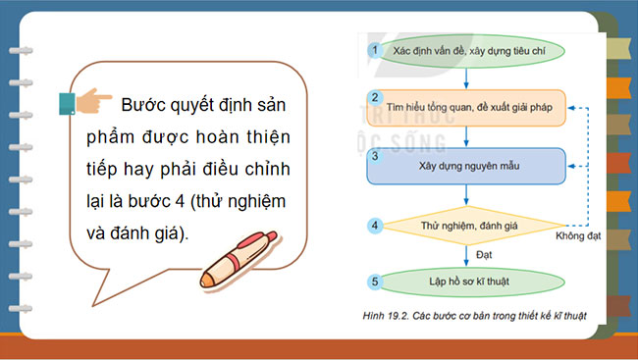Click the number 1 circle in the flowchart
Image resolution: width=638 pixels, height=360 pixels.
373,48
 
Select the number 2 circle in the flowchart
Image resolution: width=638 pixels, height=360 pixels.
373,97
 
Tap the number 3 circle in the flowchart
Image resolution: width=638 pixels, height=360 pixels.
373,155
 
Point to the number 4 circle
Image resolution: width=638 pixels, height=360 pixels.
373,226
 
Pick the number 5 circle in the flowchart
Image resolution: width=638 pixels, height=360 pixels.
373,283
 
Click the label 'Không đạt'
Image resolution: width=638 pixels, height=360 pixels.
577,235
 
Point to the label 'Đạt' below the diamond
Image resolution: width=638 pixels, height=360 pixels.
484,253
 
